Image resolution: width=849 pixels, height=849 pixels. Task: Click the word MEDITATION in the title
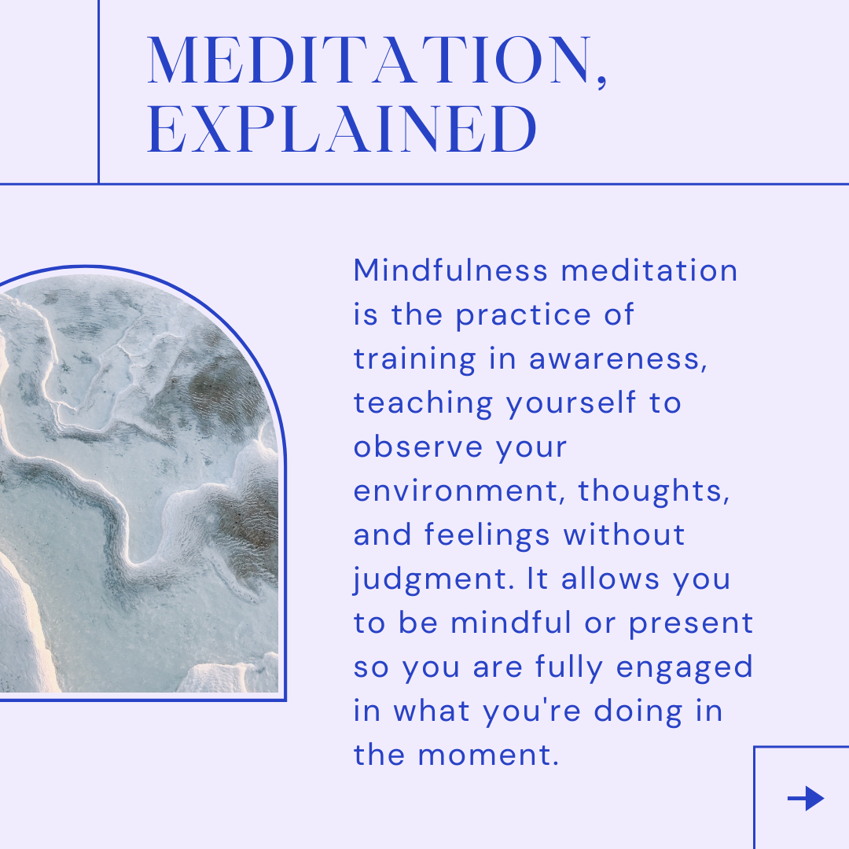click(370, 60)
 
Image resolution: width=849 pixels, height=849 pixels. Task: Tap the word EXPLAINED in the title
click(342, 129)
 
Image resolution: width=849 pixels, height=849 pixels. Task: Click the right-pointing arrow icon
click(806, 798)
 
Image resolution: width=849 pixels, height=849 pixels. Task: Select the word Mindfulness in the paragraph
click(451, 270)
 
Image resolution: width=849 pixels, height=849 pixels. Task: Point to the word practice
click(523, 316)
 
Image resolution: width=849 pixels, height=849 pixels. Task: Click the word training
click(415, 359)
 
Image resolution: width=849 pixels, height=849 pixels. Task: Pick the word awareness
click(618, 360)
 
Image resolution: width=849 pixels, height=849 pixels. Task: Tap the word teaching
click(423, 403)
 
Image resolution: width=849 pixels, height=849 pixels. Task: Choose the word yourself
click(571, 403)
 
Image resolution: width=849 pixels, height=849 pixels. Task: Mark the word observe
click(418, 447)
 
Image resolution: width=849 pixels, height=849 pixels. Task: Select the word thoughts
click(654, 491)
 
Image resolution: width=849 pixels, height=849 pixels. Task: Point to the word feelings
click(487, 535)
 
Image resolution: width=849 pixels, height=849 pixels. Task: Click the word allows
click(610, 579)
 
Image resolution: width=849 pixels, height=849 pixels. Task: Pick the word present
click(691, 623)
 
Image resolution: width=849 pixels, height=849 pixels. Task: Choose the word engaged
click(685, 668)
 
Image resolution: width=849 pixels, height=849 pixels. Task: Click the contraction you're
click(531, 712)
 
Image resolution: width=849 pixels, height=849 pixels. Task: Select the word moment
click(488, 756)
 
